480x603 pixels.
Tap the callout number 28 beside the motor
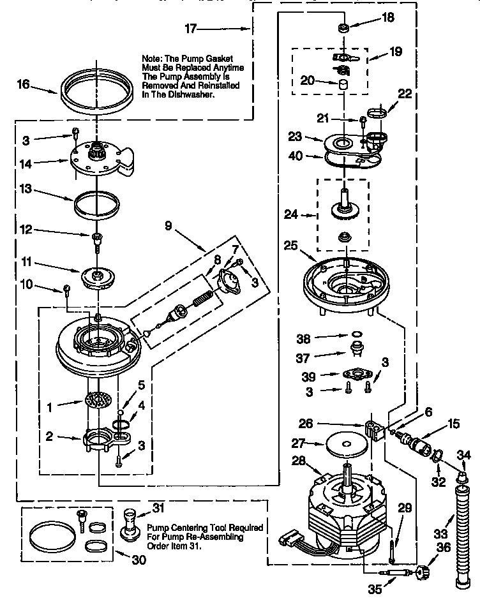pyautogui.click(x=299, y=461)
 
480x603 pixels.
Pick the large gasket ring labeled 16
pyautogui.click(x=100, y=89)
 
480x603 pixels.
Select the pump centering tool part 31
pyautogui.click(x=130, y=523)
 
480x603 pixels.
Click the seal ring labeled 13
pyautogui.click(x=97, y=204)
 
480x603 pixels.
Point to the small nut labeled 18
pyautogui.click(x=343, y=27)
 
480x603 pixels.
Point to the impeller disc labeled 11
pyautogui.click(x=98, y=275)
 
